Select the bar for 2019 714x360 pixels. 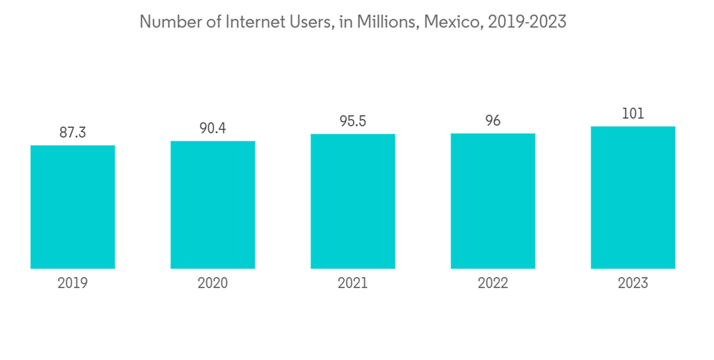coord(73,207)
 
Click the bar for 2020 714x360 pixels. coord(213,205)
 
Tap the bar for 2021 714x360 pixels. coord(353,201)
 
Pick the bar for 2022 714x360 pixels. coord(493,201)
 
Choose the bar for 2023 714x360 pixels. coord(633,198)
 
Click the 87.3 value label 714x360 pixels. coord(73,132)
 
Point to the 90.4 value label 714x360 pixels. coord(213,128)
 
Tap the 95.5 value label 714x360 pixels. coord(353,121)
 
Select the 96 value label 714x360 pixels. coord(493,121)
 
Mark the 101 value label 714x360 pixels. coord(633,114)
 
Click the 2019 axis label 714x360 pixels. coord(73,284)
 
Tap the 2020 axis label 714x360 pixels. coord(213,284)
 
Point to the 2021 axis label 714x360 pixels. coord(353,284)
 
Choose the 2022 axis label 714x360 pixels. coord(493,284)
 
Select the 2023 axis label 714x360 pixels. coord(633,284)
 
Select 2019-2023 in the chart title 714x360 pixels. coord(527,22)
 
